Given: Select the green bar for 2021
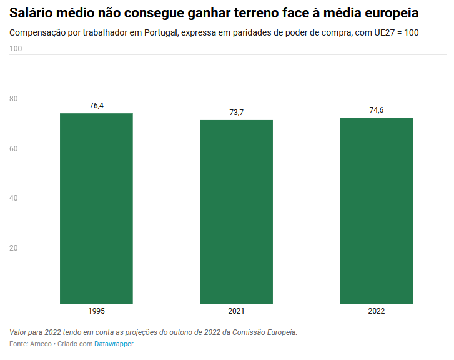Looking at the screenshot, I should coord(236,212).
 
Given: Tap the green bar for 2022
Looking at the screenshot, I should coord(376,211).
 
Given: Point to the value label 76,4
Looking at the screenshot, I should coord(96,106).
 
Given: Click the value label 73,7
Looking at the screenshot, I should coord(236,112).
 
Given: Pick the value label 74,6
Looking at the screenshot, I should coord(376,110).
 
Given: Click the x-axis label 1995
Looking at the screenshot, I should coord(96,311).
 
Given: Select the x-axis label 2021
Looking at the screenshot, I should coord(236,311).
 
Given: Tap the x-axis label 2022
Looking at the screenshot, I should coord(376,311).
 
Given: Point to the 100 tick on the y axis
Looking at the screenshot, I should coord(16,49).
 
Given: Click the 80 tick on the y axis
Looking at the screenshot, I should coord(14,99).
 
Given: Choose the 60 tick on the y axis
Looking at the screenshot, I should coord(14,149).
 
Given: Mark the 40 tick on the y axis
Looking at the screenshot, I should coord(14,199).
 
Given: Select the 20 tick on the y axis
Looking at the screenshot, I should coord(14,249).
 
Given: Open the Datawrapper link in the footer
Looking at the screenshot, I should coord(114,344).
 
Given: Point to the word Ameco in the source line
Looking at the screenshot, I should coord(41,344).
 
